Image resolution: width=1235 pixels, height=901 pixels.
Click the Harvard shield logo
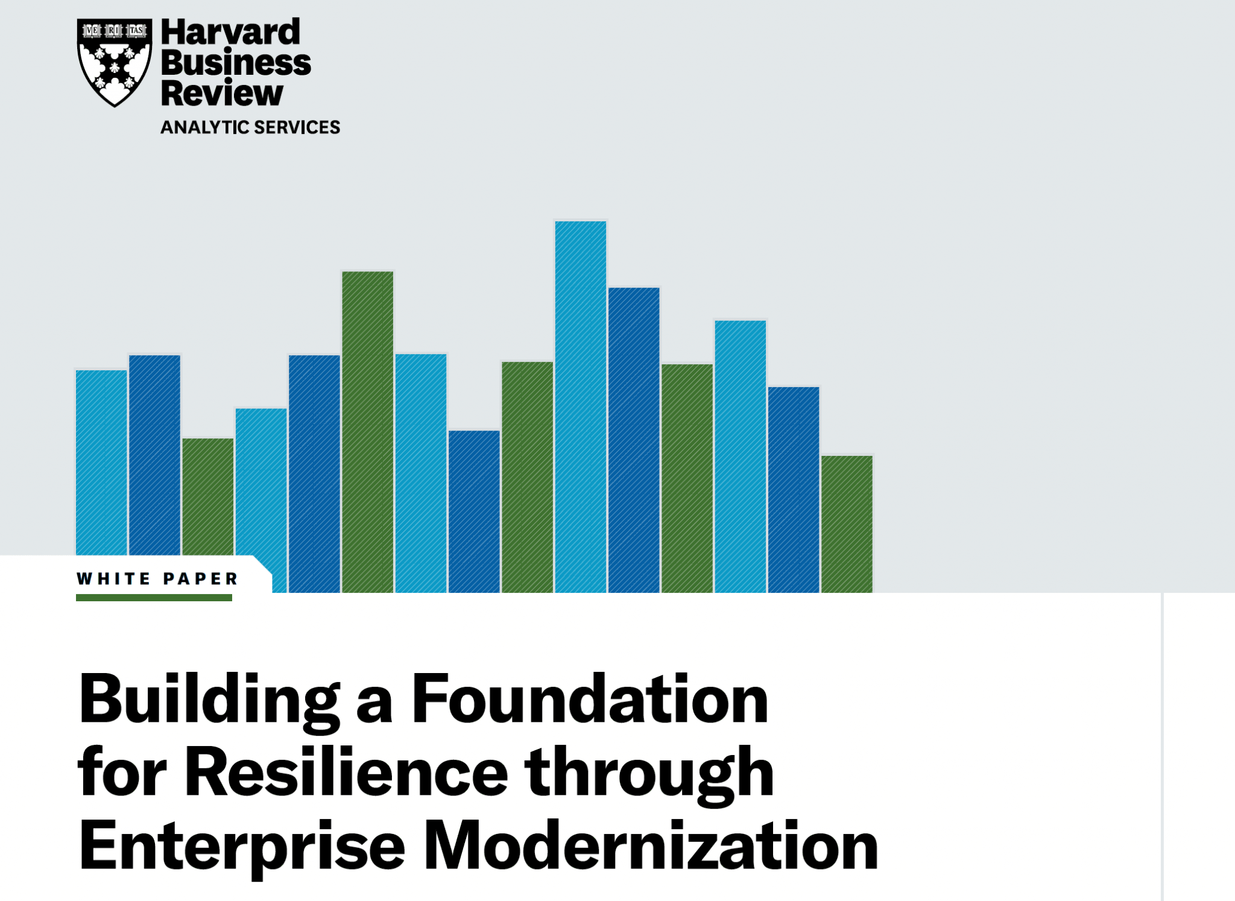(114, 62)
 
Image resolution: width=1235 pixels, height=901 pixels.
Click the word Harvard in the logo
(230, 32)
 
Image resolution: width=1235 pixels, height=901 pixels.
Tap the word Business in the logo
(236, 63)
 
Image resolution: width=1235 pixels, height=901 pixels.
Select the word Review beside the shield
(222, 93)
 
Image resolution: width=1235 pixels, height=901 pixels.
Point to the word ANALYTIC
(204, 127)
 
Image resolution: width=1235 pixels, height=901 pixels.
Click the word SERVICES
(297, 127)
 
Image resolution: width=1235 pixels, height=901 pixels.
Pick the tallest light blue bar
(580, 404)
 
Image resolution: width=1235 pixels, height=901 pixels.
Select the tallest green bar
(367, 431)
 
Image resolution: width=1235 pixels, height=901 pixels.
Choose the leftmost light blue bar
(101, 461)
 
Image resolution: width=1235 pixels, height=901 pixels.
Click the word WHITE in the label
(113, 579)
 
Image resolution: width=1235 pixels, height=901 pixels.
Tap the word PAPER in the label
(201, 579)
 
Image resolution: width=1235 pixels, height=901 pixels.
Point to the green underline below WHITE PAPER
(154, 598)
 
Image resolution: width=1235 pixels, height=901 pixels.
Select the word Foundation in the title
(589, 700)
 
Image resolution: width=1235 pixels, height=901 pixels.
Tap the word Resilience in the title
(346, 773)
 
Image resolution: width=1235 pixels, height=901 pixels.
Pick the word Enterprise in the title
(241, 847)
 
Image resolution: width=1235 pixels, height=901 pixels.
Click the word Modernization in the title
(651, 846)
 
